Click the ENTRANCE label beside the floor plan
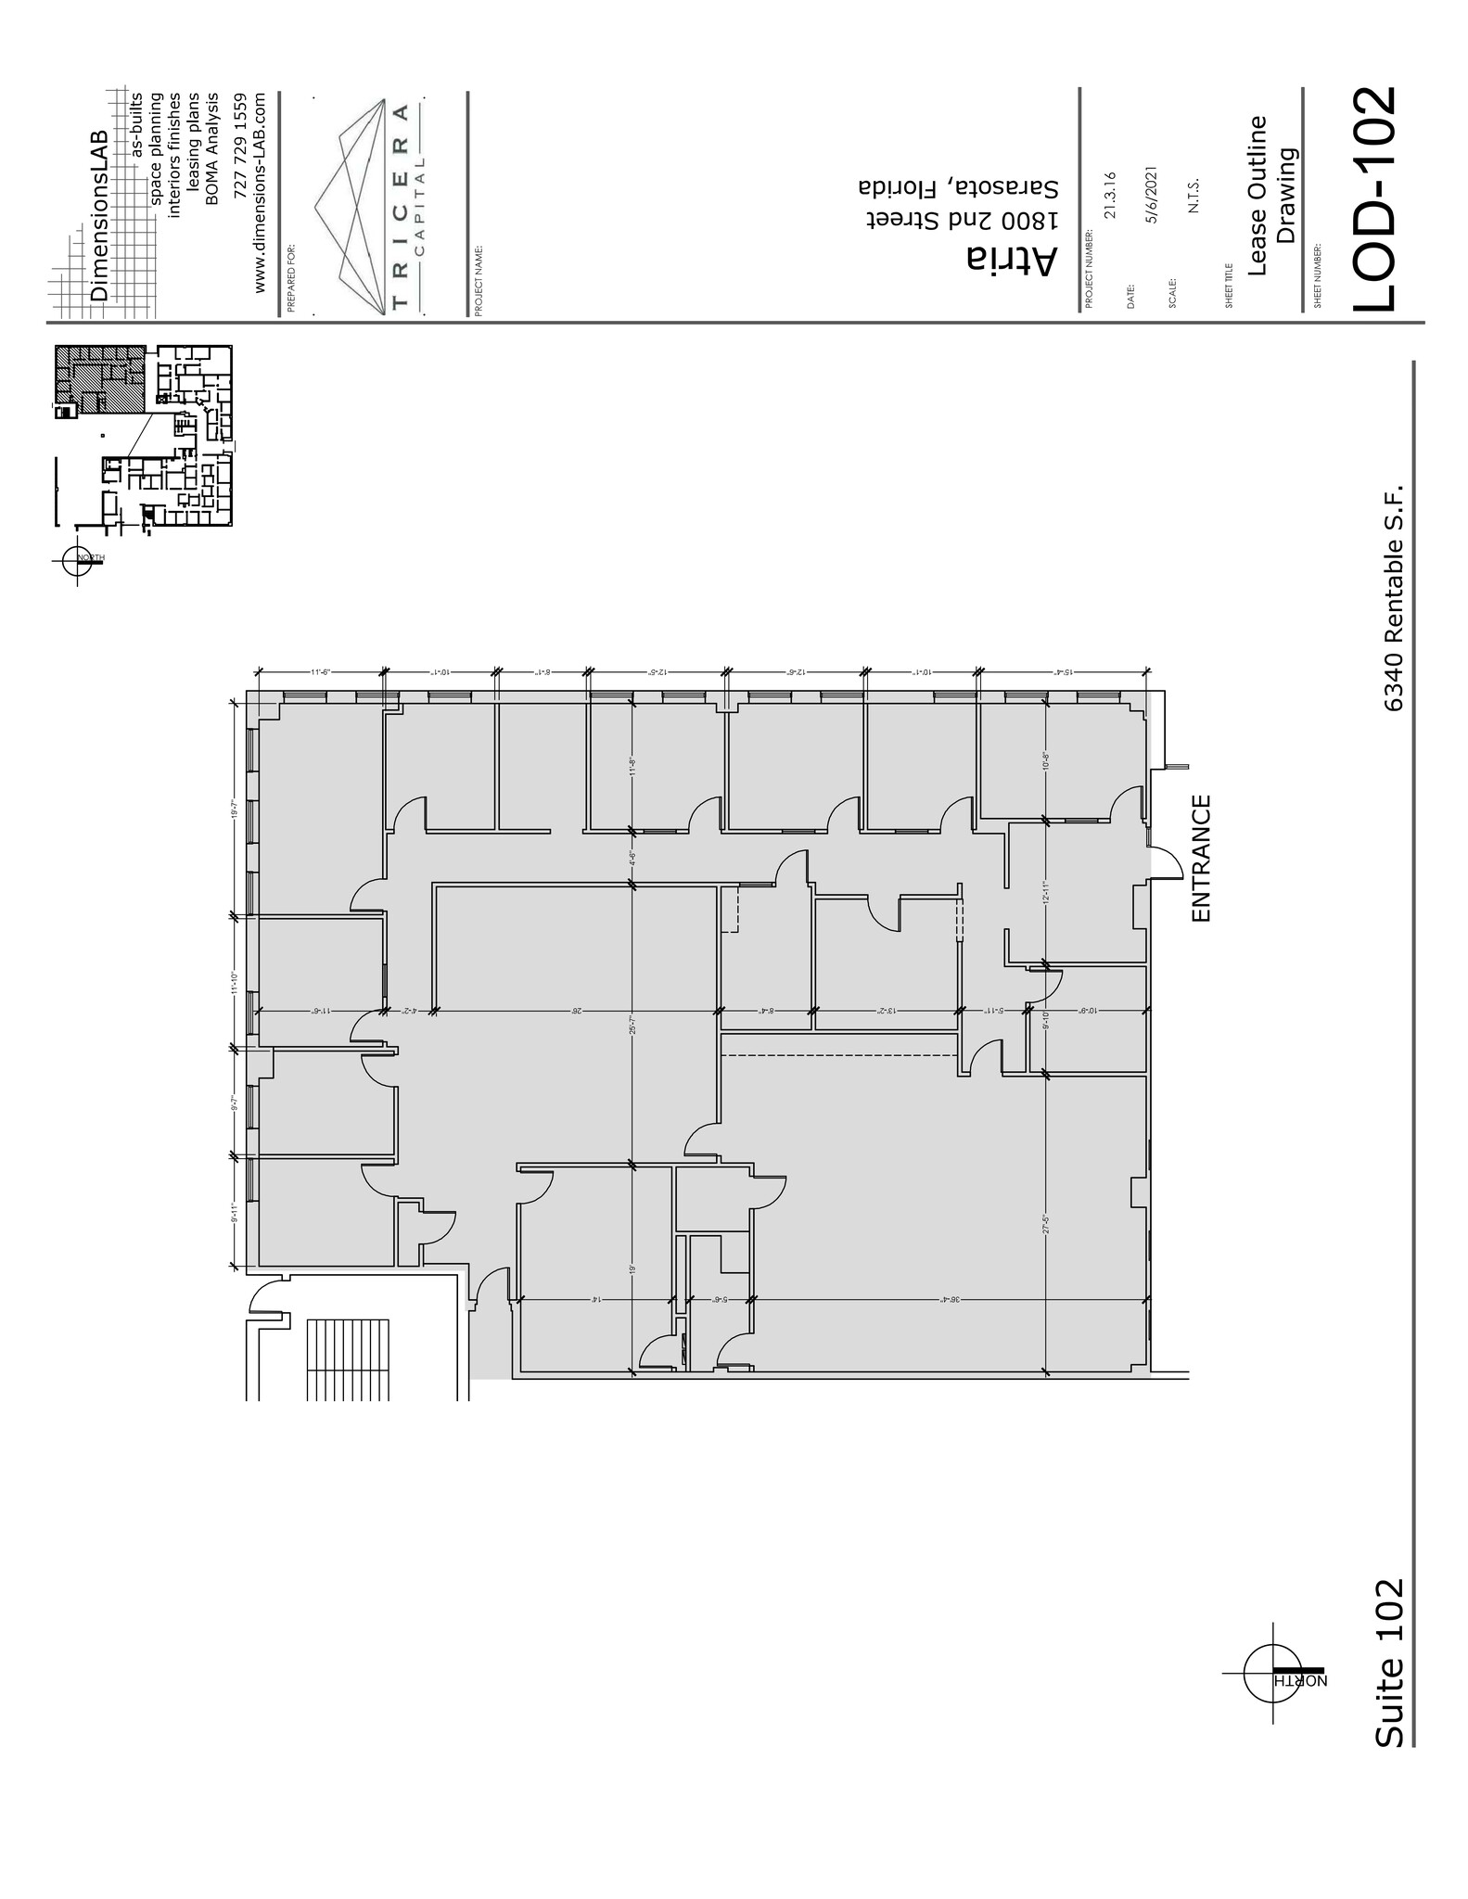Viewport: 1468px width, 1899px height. click(x=1201, y=859)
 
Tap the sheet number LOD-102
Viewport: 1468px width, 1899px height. click(x=1373, y=200)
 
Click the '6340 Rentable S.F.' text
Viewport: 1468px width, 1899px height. click(x=1392, y=597)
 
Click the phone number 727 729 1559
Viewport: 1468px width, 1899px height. click(x=240, y=143)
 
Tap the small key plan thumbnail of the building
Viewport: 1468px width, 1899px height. click(x=144, y=435)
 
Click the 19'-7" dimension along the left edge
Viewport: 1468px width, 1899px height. click(x=236, y=809)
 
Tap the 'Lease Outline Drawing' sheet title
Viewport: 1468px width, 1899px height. click(x=1270, y=196)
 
